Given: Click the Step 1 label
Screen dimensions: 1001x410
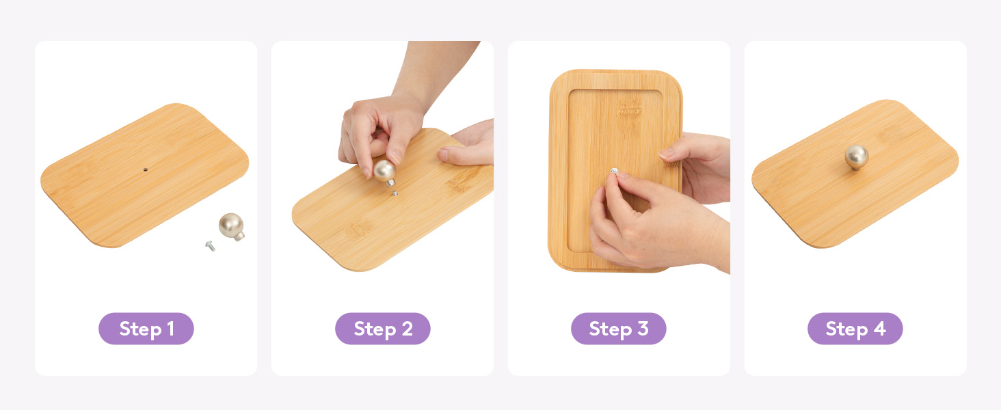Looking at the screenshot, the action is coord(146,329).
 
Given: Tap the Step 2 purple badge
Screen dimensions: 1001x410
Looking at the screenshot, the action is coord(382,329).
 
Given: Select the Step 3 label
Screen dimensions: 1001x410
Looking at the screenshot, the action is coord(619,329).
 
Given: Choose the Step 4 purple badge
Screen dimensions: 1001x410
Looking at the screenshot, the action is coord(855,329).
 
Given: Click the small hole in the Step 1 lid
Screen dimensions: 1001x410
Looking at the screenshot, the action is coord(145,169).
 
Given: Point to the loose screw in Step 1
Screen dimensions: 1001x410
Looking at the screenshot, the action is coord(210,245).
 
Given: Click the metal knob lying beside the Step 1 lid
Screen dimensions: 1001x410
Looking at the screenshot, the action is coord(232,226).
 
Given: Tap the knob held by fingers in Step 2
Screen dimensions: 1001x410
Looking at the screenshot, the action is coord(385,172).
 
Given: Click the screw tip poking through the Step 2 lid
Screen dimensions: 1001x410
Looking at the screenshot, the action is coord(395,193).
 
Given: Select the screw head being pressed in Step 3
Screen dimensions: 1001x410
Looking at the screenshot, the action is coord(615,171).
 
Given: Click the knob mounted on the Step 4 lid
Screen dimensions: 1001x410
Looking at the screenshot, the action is coord(857,157).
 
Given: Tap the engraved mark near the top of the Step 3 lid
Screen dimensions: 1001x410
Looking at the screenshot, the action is coord(629,110).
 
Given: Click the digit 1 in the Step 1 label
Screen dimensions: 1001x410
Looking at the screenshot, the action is coord(170,329).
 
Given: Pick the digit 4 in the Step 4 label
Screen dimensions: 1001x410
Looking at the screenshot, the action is coord(879,329).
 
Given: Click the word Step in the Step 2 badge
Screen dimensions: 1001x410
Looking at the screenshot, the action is coord(375,329).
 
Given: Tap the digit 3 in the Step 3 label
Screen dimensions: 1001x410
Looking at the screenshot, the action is coord(643,329).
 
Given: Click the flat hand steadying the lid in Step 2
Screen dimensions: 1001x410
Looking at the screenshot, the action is coord(467,143).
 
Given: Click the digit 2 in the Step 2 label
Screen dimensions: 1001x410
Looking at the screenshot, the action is coord(407,329).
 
